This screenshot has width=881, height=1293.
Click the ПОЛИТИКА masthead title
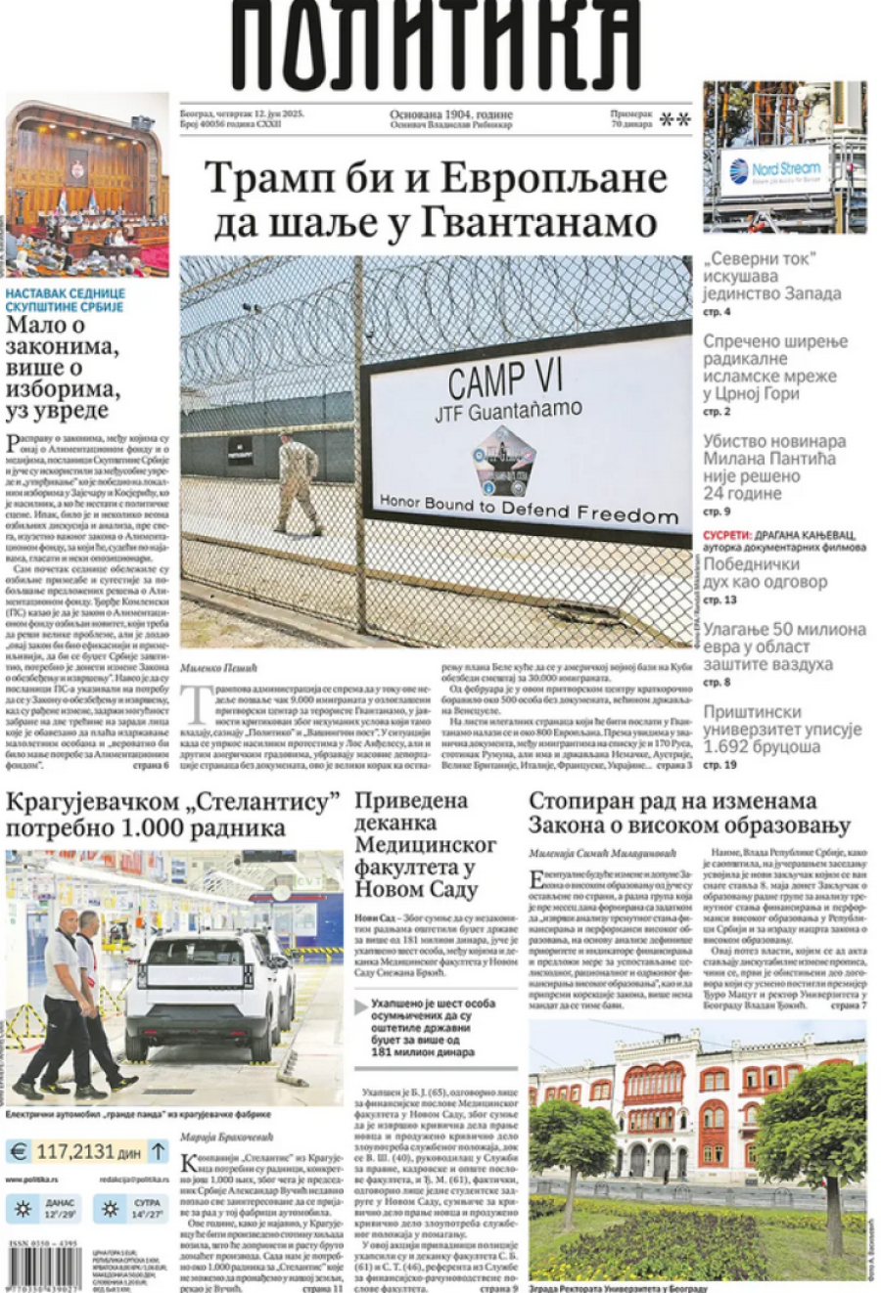pyautogui.click(x=437, y=44)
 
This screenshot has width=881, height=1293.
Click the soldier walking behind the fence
pyautogui.click(x=298, y=483)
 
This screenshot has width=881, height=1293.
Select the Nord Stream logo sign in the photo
pyautogui.click(x=775, y=170)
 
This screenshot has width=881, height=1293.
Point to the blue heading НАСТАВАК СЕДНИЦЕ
pyautogui.click(x=65, y=293)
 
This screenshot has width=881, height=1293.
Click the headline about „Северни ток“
pyautogui.click(x=771, y=276)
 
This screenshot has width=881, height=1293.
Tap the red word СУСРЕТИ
pyautogui.click(x=726, y=535)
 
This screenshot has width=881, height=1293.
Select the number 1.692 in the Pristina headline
pyautogui.click(x=727, y=746)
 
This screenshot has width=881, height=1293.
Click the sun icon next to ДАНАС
pyautogui.click(x=22, y=1209)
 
